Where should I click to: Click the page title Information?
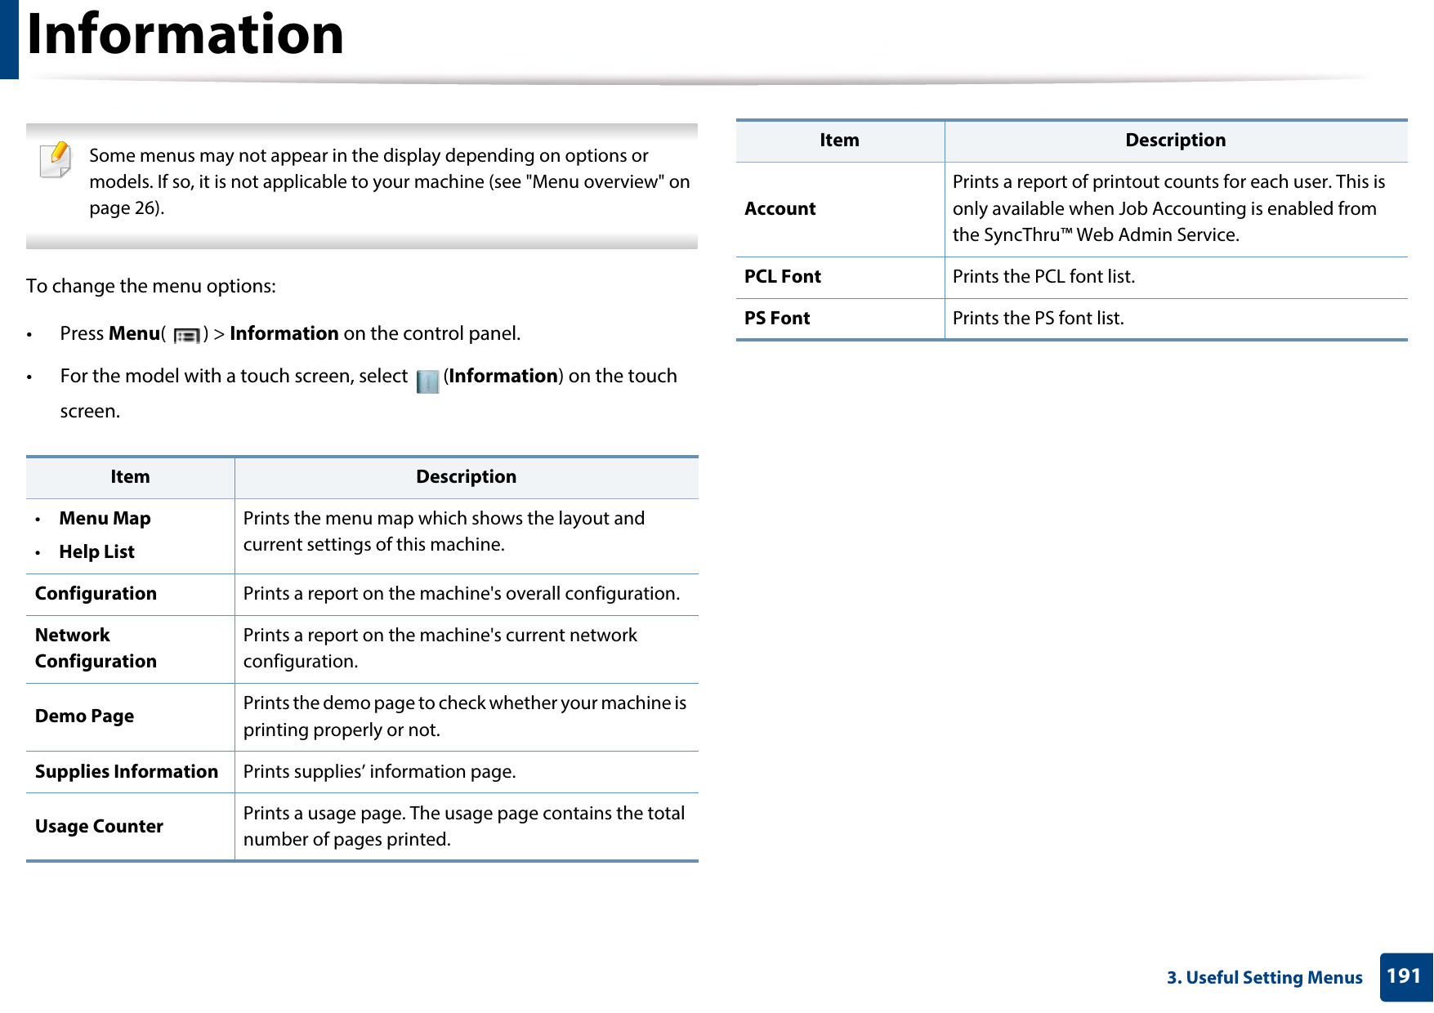[185, 34]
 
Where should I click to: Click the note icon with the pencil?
[56, 159]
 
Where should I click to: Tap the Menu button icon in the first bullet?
[186, 335]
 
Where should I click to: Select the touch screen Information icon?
[427, 381]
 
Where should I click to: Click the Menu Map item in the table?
[105, 519]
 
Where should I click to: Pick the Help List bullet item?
[96, 552]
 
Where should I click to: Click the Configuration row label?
[96, 594]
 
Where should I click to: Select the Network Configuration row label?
[96, 649]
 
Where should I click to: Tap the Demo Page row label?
[84, 716]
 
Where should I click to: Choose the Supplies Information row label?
[127, 772]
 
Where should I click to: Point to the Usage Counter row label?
[99, 827]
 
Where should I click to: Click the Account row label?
[780, 209]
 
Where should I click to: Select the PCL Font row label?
[782, 277]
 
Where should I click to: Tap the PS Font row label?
[776, 319]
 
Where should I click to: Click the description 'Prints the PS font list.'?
[1038, 319]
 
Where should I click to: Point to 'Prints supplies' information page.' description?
[379, 772]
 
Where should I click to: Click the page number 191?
[1404, 976]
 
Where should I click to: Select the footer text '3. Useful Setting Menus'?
[1264, 978]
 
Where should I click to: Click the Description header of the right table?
[1175, 141]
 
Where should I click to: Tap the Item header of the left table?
[130, 477]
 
